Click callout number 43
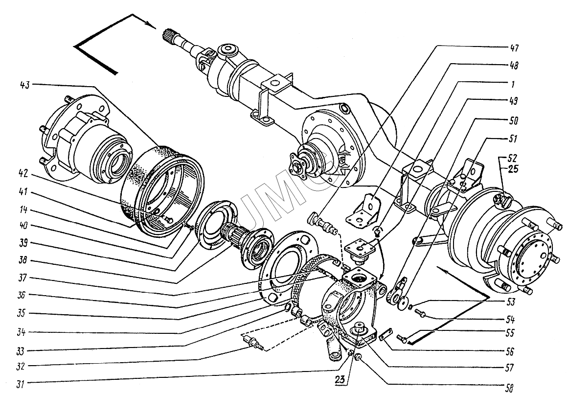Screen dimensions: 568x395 click(x=26, y=85)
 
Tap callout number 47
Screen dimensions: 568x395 click(x=514, y=48)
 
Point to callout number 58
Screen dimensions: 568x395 click(x=509, y=389)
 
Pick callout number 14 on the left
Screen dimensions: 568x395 click(x=23, y=210)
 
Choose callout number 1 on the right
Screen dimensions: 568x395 click(x=513, y=84)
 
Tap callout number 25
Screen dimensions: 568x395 click(x=513, y=168)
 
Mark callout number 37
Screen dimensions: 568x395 click(x=23, y=278)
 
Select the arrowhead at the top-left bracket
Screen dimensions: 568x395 click(x=150, y=24)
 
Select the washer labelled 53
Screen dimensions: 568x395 click(x=410, y=307)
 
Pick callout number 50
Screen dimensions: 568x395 click(x=514, y=120)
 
